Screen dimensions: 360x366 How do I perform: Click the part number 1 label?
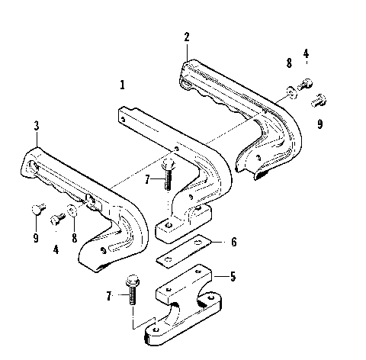(x=122, y=84)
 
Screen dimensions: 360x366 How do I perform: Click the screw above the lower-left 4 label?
(x=56, y=220)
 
